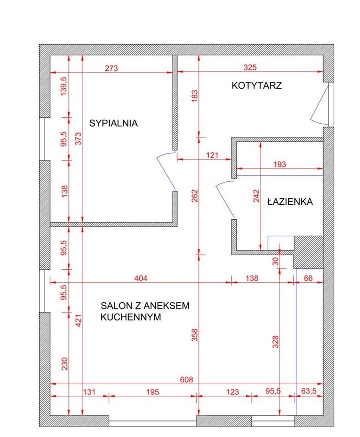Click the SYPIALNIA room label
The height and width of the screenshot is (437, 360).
(113, 123)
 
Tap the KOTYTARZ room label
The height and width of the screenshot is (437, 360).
(257, 85)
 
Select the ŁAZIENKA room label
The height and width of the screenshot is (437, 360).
(290, 201)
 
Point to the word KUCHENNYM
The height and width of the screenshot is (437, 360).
(131, 317)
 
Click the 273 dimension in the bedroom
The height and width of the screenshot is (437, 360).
(111, 68)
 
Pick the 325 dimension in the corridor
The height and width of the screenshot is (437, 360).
(250, 67)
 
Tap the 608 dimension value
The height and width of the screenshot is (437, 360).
(187, 379)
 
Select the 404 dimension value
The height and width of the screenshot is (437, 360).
(141, 278)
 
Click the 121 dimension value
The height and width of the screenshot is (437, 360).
(212, 155)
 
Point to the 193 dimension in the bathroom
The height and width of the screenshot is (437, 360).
(279, 164)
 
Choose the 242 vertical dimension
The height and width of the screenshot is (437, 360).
(256, 195)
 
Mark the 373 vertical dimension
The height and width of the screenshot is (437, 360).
(79, 138)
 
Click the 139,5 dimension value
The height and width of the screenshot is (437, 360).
(64, 86)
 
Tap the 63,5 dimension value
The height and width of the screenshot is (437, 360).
(309, 391)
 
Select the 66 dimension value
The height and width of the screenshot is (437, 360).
(308, 278)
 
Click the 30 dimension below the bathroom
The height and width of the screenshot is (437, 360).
(276, 261)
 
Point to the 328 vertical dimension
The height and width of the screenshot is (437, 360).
(276, 341)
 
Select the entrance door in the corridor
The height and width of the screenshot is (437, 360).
(320, 104)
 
